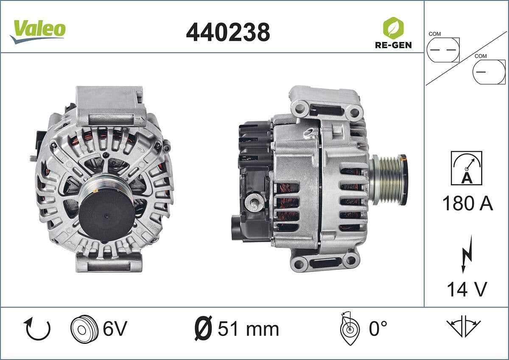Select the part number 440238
[228, 32]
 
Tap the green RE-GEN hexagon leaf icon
[393, 28]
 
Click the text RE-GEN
[393, 45]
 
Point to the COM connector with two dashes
[443, 50]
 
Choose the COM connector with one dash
[489, 72]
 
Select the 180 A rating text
[467, 204]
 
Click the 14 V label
[467, 289]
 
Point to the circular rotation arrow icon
[38, 329]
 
